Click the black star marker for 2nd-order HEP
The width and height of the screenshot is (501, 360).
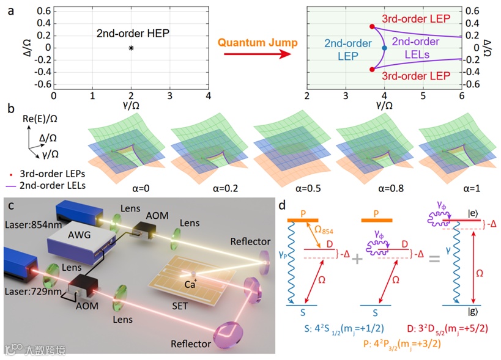[x=131, y=48]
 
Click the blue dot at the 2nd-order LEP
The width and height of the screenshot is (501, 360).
[x=384, y=48]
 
